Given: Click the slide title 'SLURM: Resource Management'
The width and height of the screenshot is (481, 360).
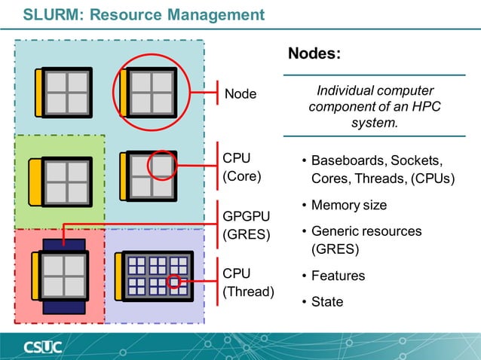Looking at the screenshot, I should coord(143,14).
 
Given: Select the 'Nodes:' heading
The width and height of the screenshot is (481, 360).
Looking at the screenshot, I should coord(314,54).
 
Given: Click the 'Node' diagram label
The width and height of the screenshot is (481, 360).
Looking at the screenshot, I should coord(240,94).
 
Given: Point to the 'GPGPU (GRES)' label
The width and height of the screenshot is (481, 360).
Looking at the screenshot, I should coord(246,224).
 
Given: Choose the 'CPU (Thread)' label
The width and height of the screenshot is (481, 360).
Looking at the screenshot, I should coord(248,282).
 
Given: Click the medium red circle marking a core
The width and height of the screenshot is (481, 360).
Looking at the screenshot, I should coord(161,164).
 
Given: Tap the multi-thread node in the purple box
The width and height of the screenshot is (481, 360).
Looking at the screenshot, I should coord(155,276).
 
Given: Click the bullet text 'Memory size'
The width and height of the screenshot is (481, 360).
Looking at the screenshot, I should coord(348,205).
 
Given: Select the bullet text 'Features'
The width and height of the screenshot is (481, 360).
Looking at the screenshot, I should coord(338,276).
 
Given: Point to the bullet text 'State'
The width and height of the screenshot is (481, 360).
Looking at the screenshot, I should coord(327,302).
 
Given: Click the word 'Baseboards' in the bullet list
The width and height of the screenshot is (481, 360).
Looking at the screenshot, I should coord(345,161).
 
